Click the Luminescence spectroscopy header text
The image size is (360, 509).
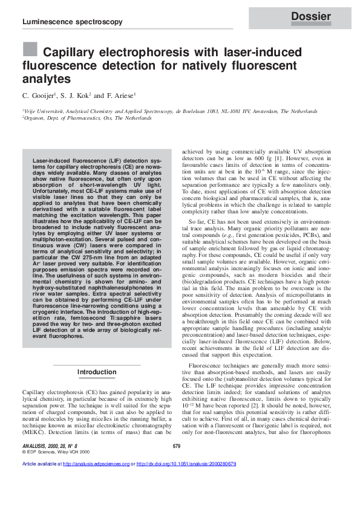click(72, 22)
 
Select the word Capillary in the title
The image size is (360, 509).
click(70, 52)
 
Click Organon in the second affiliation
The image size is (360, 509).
click(36, 118)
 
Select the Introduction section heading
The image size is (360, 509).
click(97, 372)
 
